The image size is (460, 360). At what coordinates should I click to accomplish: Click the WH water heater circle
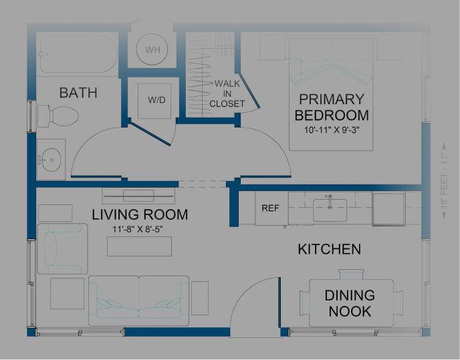(x=152, y=49)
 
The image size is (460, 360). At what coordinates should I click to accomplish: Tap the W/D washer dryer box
(x=156, y=100)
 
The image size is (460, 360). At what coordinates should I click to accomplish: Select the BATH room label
(x=78, y=93)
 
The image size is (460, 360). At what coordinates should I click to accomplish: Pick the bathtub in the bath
(x=78, y=53)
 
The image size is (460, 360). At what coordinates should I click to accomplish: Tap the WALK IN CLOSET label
(x=227, y=94)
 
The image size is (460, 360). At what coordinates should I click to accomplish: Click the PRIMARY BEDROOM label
(x=332, y=107)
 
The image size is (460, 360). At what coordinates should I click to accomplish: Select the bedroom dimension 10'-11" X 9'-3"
(x=332, y=130)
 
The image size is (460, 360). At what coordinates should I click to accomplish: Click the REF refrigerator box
(x=270, y=208)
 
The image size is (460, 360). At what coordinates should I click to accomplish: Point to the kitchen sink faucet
(x=328, y=199)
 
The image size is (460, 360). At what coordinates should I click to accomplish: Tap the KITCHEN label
(x=329, y=249)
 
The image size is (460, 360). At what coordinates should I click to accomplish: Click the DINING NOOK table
(x=349, y=303)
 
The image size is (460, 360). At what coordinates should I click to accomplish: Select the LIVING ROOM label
(x=140, y=215)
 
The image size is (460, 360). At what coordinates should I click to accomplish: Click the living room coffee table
(x=139, y=246)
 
